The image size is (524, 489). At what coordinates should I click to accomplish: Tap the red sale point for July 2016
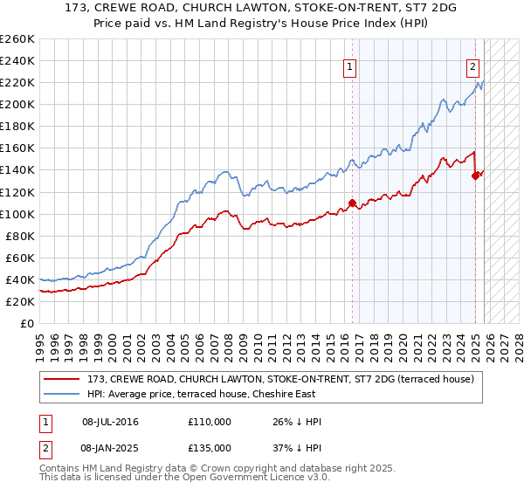352,203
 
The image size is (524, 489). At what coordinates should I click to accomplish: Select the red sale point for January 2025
476,176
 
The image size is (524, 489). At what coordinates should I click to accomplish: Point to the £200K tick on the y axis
17,104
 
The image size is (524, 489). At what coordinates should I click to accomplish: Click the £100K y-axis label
17,214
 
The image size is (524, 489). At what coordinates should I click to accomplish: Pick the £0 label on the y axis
27,323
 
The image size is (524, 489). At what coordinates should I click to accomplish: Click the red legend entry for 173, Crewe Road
280,379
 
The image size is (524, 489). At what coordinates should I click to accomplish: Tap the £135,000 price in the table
209,447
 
